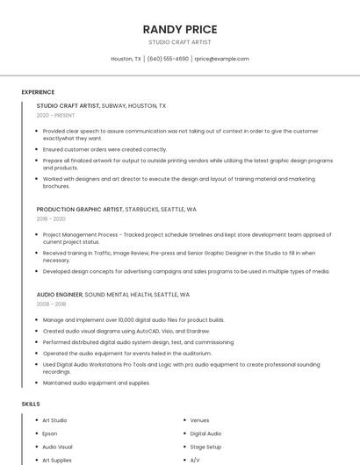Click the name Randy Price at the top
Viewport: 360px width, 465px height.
(x=179, y=30)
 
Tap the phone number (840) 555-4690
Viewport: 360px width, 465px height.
(x=168, y=59)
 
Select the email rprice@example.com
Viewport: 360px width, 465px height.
(x=221, y=59)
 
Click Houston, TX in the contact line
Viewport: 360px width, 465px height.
(x=126, y=59)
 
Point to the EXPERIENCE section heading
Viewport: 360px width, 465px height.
(x=38, y=92)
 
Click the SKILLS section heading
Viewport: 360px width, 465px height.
(x=31, y=404)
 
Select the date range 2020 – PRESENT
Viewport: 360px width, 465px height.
(x=55, y=115)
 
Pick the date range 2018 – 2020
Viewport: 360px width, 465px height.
(x=51, y=219)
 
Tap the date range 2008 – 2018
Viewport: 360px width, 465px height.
(x=51, y=304)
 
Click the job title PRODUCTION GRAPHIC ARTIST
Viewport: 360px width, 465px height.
(x=80, y=210)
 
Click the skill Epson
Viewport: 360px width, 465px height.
(x=49, y=433)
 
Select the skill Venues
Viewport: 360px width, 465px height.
(x=199, y=420)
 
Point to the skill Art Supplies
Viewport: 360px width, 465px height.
(x=56, y=460)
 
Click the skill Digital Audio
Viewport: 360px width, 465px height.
(x=205, y=433)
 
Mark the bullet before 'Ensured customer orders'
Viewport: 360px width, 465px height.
(x=37, y=149)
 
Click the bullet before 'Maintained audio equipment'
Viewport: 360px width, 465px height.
(x=37, y=383)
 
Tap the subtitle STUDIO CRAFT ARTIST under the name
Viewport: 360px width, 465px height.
(x=179, y=42)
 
